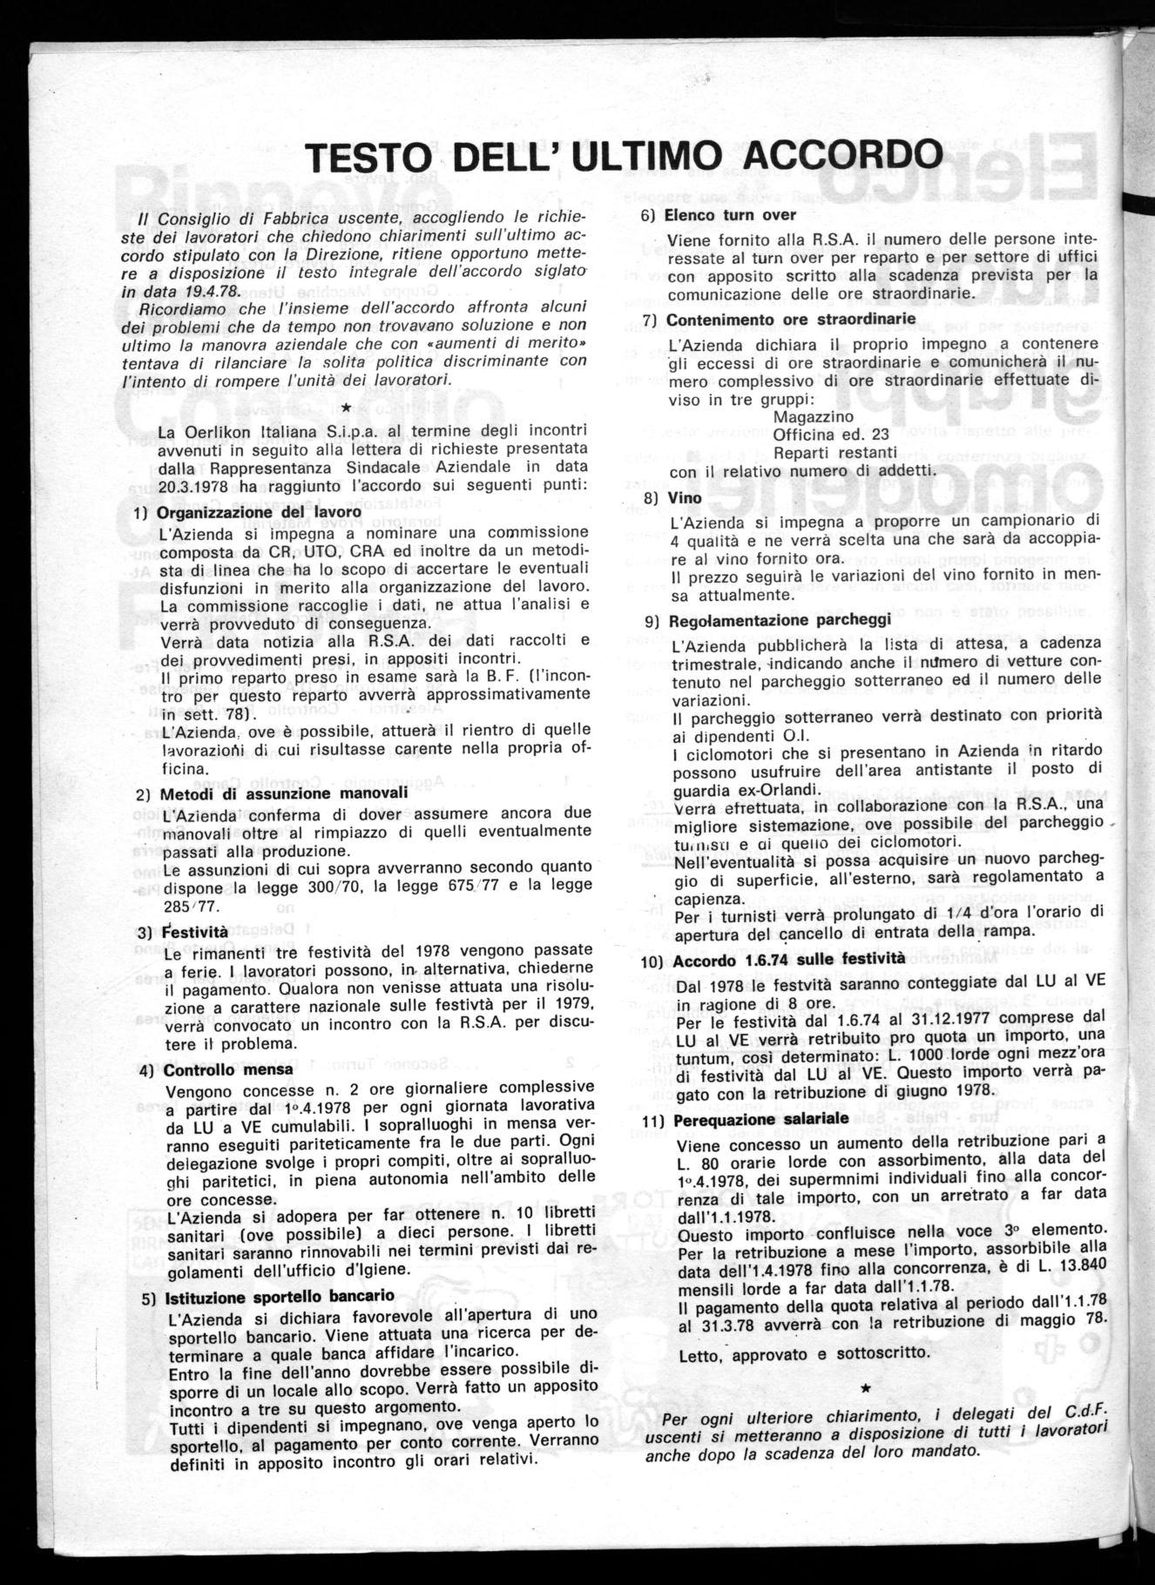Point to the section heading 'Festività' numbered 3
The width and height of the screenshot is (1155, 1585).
(x=192, y=932)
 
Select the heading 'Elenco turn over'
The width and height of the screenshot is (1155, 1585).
(x=730, y=215)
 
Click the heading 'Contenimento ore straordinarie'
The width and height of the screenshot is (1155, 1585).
(x=791, y=320)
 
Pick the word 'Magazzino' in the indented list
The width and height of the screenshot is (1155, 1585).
(x=808, y=416)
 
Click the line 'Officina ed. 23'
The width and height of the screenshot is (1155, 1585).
(x=830, y=435)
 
